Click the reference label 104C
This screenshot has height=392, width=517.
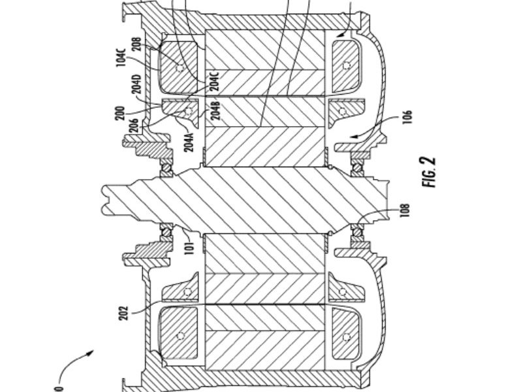point(121,57)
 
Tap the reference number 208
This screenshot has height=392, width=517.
point(136,44)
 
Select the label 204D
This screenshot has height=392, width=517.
point(137,84)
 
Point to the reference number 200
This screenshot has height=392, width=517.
point(121,113)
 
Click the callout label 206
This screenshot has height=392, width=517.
point(134,125)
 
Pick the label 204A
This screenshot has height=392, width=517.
point(189,142)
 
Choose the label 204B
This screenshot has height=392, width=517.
point(217,111)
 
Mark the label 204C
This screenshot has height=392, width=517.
point(214,81)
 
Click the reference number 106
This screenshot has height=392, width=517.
point(407,117)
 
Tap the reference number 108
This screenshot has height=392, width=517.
point(405,210)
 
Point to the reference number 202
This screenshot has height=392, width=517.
point(123,313)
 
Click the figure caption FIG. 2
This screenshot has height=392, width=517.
point(429,172)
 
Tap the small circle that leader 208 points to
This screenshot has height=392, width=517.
point(180,69)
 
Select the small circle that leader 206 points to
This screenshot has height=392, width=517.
point(188,111)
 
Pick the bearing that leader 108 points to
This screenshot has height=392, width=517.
point(357,230)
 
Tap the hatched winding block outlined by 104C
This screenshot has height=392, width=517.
point(178,68)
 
